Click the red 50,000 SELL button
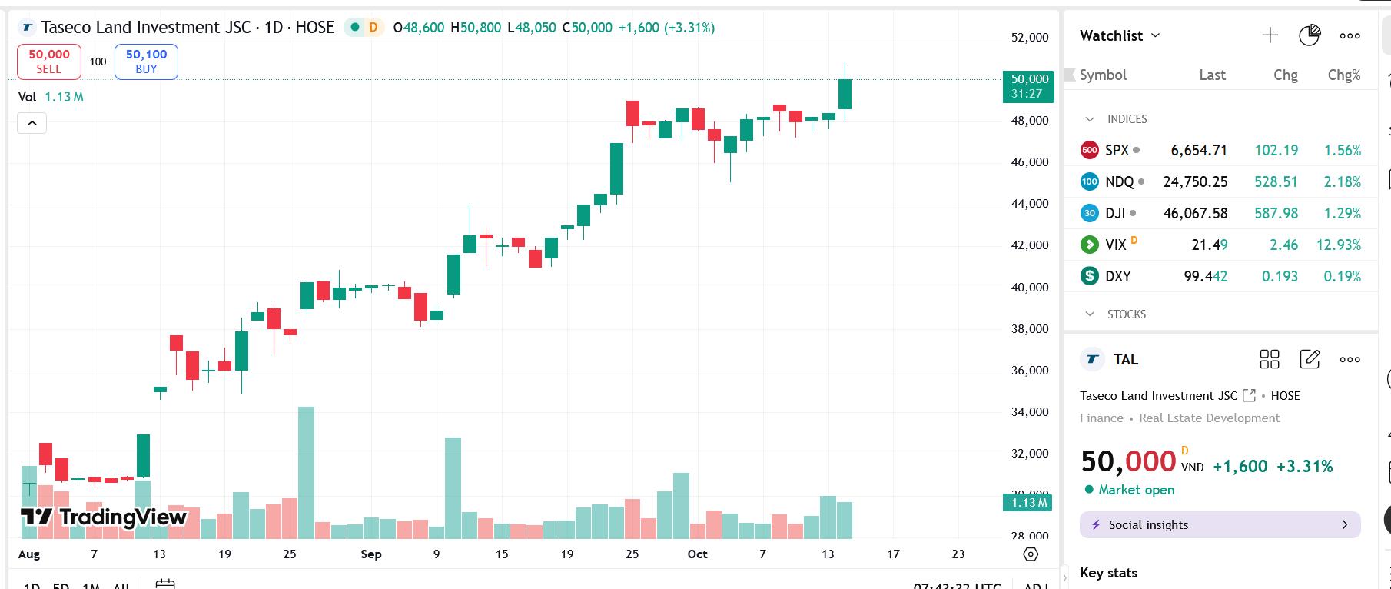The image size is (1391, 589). click(49, 62)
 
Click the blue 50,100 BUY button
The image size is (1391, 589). click(146, 62)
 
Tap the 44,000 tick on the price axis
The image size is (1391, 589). click(1030, 204)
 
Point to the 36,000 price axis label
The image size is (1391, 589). click(1030, 371)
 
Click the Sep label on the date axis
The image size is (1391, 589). click(371, 554)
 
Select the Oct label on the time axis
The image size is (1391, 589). click(697, 554)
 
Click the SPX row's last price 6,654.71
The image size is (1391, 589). click(1198, 151)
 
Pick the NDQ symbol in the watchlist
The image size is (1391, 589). click(1119, 182)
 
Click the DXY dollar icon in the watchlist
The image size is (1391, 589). click(1090, 276)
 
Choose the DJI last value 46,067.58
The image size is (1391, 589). click(1195, 214)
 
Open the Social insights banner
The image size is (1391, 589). click(1220, 525)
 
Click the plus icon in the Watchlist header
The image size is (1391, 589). click(1270, 35)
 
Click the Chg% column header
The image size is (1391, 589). click(1343, 75)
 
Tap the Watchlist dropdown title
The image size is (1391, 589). click(1119, 35)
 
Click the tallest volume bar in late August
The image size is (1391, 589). click(306, 472)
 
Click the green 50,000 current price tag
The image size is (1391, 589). click(1028, 85)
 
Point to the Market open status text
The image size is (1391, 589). click(1136, 491)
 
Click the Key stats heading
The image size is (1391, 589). click(1108, 573)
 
